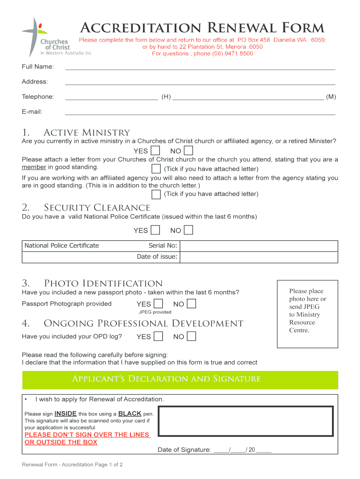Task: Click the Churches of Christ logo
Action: point(47,37)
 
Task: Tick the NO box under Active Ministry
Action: point(188,151)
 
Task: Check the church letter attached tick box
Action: point(156,168)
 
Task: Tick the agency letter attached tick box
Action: point(156,194)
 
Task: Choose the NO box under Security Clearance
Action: point(188,230)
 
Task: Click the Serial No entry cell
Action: point(259,246)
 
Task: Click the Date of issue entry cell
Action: point(259,257)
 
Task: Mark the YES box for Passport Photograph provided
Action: point(158,304)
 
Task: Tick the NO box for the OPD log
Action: point(191,336)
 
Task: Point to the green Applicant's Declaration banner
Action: point(180,379)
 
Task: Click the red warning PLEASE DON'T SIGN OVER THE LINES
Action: point(86,435)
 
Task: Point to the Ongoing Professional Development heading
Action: point(144,324)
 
